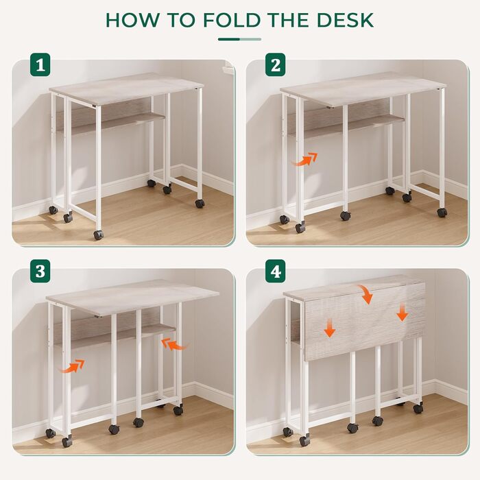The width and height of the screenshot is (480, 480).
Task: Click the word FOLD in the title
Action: (x=231, y=20)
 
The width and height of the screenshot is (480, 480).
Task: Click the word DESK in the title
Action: (x=345, y=20)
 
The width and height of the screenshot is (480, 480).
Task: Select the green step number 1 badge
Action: (x=40, y=65)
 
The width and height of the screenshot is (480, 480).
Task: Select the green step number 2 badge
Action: (x=275, y=65)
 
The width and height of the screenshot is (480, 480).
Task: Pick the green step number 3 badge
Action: (x=40, y=272)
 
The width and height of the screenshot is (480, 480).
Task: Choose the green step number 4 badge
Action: (x=275, y=272)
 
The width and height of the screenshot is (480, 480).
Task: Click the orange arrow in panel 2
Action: (x=305, y=160)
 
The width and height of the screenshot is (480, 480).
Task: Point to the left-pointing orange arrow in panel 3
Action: (x=174, y=344)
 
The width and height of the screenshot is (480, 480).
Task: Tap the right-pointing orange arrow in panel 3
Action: (x=72, y=366)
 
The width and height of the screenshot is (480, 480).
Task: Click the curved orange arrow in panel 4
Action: (x=366, y=294)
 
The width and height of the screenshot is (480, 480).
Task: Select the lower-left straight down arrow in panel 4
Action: (x=330, y=327)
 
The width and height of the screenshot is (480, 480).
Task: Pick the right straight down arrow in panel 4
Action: (x=403, y=312)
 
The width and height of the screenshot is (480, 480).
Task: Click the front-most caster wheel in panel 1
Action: (x=98, y=235)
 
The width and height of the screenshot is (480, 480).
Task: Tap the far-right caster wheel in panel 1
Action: (x=200, y=203)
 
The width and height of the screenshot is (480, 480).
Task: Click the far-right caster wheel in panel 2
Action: (x=442, y=213)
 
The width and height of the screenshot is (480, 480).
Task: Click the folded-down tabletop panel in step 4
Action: (x=365, y=322)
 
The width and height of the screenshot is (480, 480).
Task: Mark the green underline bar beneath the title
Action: (x=240, y=39)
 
